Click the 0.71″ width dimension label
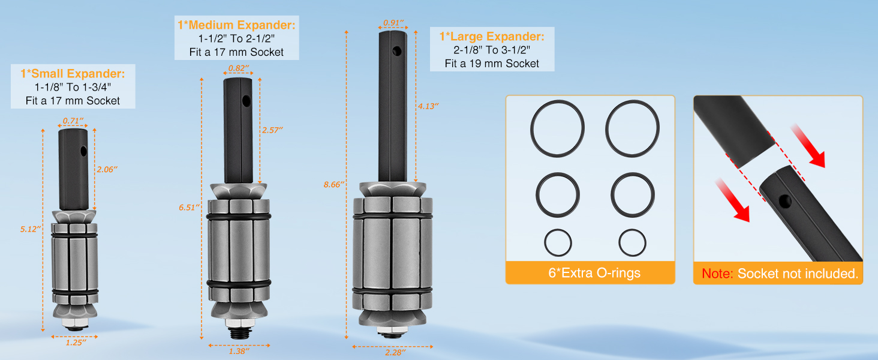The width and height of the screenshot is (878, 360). pos(73,121)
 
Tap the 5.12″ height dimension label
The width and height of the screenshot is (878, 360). pos(31,229)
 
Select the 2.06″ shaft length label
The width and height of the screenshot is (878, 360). pos(107,169)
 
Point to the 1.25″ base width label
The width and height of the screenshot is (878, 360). pos(76,343)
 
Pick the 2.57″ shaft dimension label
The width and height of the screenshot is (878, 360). pos(272,130)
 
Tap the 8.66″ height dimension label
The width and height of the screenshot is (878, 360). pos(334,184)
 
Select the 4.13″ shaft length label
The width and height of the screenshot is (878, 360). pos(428,106)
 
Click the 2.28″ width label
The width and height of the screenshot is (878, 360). pos(395,353)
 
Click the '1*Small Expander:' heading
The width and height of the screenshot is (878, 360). pos(73,74)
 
